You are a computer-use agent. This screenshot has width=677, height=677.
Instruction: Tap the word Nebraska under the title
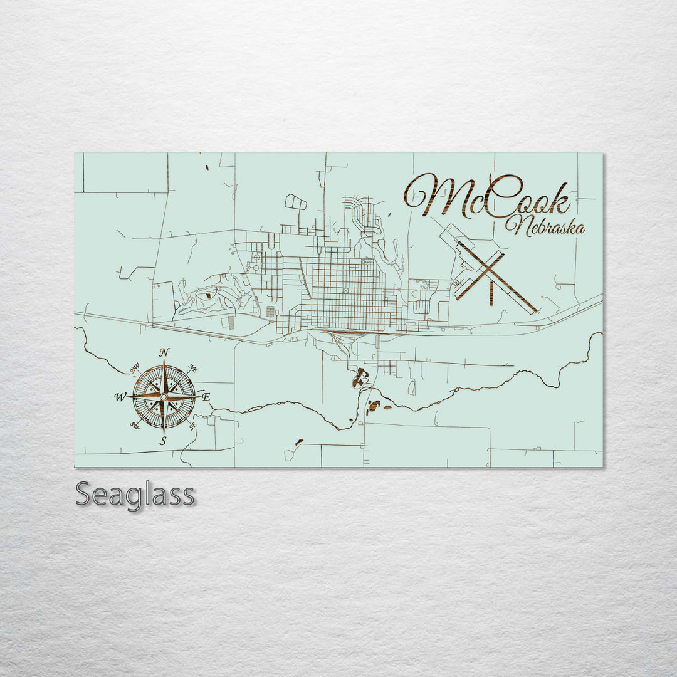click(549, 226)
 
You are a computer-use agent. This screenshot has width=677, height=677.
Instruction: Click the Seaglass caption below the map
click(135, 495)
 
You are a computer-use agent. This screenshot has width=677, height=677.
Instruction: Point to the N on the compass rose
click(164, 352)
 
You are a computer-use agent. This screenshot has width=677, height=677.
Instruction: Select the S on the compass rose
click(163, 441)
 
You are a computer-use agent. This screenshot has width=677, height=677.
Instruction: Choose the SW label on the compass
click(134, 426)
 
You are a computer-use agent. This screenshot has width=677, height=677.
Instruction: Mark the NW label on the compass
click(135, 368)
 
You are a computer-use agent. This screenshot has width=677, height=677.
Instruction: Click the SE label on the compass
click(192, 426)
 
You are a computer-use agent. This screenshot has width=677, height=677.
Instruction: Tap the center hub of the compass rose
click(164, 397)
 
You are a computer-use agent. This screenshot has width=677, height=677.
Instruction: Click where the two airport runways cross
click(484, 271)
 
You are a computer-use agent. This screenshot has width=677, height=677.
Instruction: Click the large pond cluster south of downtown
click(360, 377)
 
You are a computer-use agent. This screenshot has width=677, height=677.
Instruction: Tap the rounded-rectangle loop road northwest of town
click(296, 202)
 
